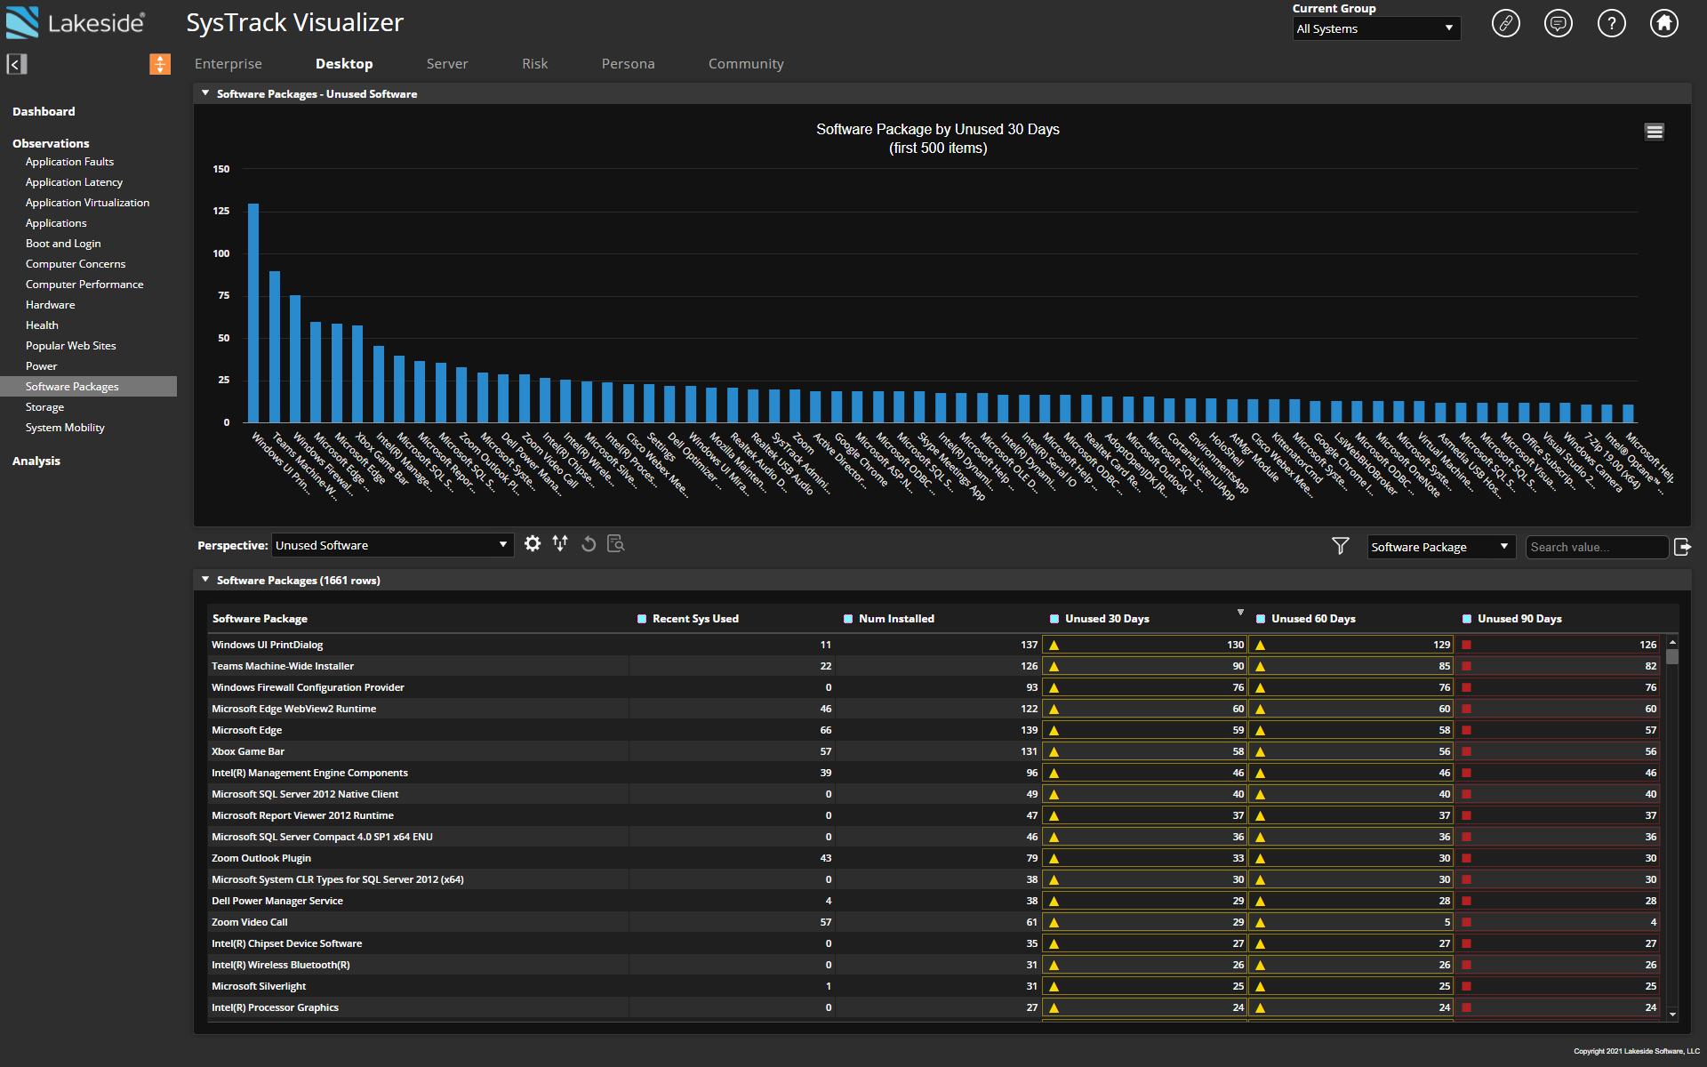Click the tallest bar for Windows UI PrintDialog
pos(253,313)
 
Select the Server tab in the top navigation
pos(446,64)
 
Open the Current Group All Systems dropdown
pos(1375,28)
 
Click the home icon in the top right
pos(1663,23)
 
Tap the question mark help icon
pos(1611,23)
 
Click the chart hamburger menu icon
pos(1654,132)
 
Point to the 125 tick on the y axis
pos(221,211)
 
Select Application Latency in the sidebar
pos(74,182)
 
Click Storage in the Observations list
pos(44,407)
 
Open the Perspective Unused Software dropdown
pos(391,545)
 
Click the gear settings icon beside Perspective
pos(532,543)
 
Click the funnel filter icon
pos(1340,545)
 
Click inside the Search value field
pos(1595,547)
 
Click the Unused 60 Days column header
pos(1313,619)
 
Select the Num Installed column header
pos(896,619)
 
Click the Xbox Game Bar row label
pos(248,751)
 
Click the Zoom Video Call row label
pos(250,922)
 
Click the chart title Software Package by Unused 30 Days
pos(937,130)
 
